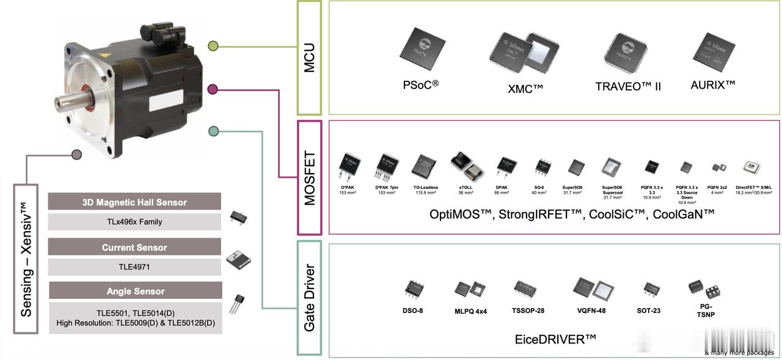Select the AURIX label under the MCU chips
coord(712,84)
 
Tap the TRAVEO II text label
coord(628,86)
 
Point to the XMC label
coord(525,88)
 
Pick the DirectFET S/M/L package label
coord(753,188)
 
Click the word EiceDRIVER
coord(555,339)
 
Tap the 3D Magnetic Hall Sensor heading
coord(134,202)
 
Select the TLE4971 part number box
coord(134,267)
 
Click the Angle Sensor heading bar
coord(134,291)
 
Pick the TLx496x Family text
coord(134,222)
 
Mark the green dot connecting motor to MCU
coord(213,46)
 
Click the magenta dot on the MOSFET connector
coord(213,89)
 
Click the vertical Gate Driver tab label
coord(310,298)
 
